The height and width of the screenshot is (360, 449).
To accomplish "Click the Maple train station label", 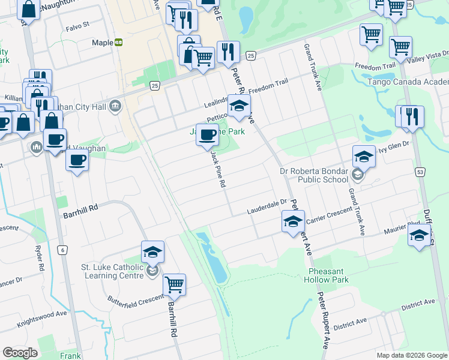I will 103,43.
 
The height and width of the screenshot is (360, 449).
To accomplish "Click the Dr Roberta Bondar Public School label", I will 314,175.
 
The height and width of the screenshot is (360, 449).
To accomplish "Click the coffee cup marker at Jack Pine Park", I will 207,135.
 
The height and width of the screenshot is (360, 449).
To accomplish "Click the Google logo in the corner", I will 20,353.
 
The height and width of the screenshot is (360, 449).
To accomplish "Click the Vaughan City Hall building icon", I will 115,107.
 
